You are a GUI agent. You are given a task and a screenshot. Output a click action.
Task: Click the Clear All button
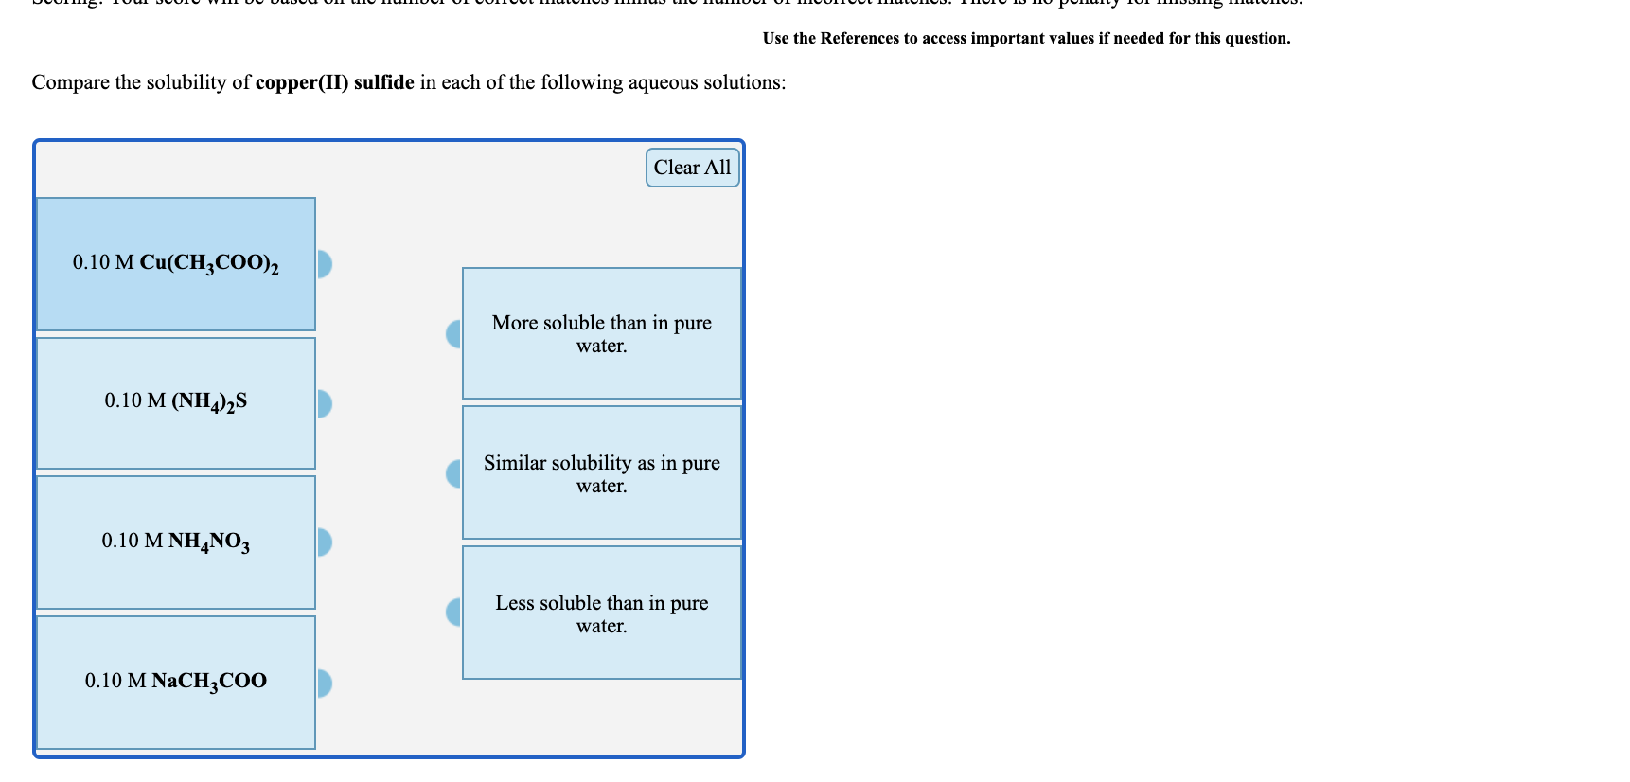pos(692,168)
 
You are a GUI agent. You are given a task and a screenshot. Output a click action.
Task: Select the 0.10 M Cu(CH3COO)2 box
pos(176,263)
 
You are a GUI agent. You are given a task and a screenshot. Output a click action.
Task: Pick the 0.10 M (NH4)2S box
pos(176,402)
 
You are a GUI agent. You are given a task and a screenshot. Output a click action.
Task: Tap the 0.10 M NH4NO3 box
pos(176,542)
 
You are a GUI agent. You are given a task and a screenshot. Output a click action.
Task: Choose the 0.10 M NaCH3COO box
pos(176,682)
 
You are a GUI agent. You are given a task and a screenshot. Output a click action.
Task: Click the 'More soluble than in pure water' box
pos(601,333)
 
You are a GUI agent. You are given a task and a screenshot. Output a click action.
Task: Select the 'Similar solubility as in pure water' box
pos(601,472)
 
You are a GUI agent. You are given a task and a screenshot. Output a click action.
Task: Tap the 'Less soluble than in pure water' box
pos(601,613)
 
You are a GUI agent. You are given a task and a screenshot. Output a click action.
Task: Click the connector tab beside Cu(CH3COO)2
pos(324,264)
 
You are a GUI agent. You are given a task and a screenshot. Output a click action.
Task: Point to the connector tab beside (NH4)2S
pos(324,404)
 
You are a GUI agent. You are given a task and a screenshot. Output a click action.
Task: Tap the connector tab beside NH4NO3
pos(324,542)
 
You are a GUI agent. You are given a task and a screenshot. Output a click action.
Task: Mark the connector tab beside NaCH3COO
pos(324,683)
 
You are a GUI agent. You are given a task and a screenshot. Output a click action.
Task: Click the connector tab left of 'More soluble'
pos(454,333)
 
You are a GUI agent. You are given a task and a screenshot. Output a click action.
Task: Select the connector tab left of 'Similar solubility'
pos(454,473)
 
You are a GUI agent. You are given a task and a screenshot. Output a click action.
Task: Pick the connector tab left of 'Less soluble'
pos(454,613)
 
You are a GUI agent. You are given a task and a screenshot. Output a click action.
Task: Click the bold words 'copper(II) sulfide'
pos(334,83)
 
